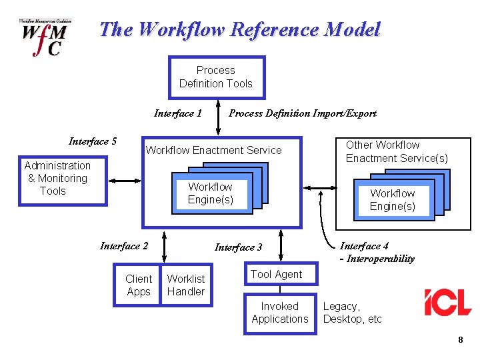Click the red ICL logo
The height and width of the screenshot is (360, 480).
447,303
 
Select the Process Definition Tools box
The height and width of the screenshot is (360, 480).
216,77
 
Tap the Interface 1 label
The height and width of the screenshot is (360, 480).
177,113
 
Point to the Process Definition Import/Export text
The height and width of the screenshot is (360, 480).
302,113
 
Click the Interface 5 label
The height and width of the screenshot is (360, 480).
92,141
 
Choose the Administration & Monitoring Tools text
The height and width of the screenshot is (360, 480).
57,178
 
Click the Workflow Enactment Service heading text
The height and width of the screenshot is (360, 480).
213,150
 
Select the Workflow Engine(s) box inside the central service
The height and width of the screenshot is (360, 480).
211,193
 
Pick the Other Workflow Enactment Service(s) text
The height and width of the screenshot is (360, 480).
397,151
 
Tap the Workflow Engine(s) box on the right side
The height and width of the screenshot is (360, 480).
393,200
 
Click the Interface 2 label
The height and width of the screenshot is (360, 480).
124,246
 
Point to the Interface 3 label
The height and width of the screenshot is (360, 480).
238,247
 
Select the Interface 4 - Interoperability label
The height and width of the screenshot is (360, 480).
377,252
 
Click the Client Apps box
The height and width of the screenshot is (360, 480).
138,285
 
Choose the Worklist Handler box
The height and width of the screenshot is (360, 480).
186,285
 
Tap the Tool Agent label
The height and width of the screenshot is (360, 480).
276,274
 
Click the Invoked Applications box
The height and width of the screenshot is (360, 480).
280,313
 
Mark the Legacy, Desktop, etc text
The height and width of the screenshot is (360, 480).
352,313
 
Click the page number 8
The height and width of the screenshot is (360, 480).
460,341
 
